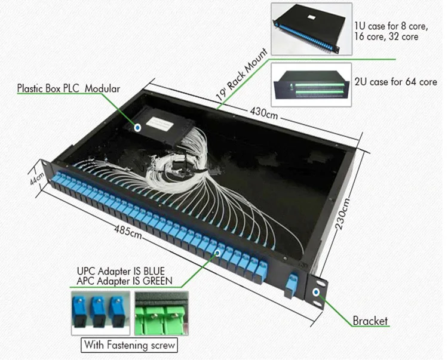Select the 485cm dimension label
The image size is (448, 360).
(128, 230)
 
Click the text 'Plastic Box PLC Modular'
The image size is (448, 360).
(68, 88)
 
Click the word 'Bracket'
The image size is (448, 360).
(370, 321)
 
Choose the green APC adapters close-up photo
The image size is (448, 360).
(161, 312)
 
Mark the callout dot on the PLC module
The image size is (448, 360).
(138, 127)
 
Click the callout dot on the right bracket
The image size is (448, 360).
(316, 292)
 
